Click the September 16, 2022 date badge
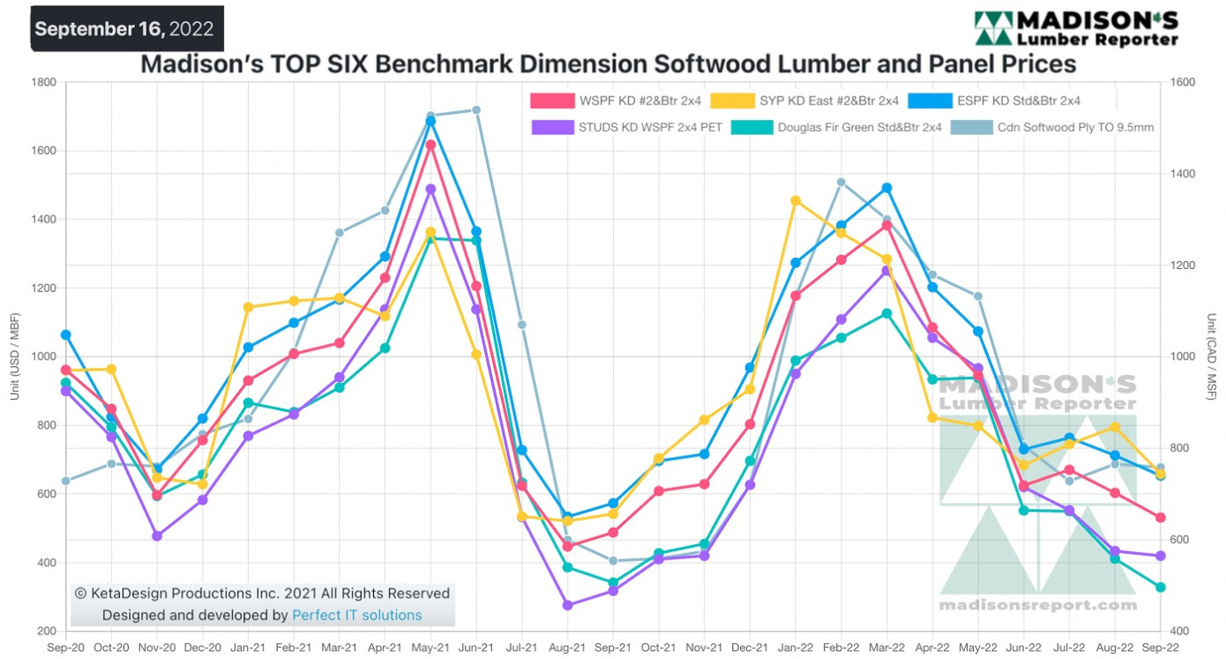124,28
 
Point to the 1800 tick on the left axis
44,83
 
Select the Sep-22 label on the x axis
1161,647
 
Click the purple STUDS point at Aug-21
568,605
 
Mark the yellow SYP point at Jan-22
796,200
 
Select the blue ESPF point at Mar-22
886,188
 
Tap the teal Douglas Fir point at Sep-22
1161,587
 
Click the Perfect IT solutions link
356,615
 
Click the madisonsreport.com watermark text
1037,605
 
